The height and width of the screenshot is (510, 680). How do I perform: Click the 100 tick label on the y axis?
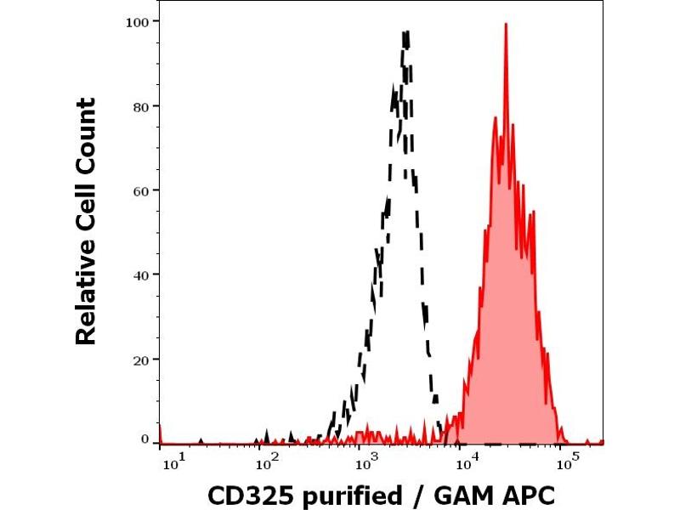[x=139, y=20]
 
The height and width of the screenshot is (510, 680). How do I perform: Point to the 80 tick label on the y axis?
[x=142, y=106]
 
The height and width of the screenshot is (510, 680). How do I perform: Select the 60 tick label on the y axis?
[x=142, y=190]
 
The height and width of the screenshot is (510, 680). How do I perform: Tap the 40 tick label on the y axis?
[x=142, y=275]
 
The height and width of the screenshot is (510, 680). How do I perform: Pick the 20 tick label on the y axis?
[x=142, y=359]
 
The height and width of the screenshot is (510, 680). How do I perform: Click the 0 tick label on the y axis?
[x=145, y=439]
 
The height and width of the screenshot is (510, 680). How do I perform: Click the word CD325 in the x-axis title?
[x=246, y=495]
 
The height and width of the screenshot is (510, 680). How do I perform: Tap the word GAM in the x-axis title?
[x=460, y=495]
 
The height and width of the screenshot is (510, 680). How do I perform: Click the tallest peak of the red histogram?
[x=506, y=25]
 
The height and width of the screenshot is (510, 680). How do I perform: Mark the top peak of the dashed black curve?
[x=406, y=33]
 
